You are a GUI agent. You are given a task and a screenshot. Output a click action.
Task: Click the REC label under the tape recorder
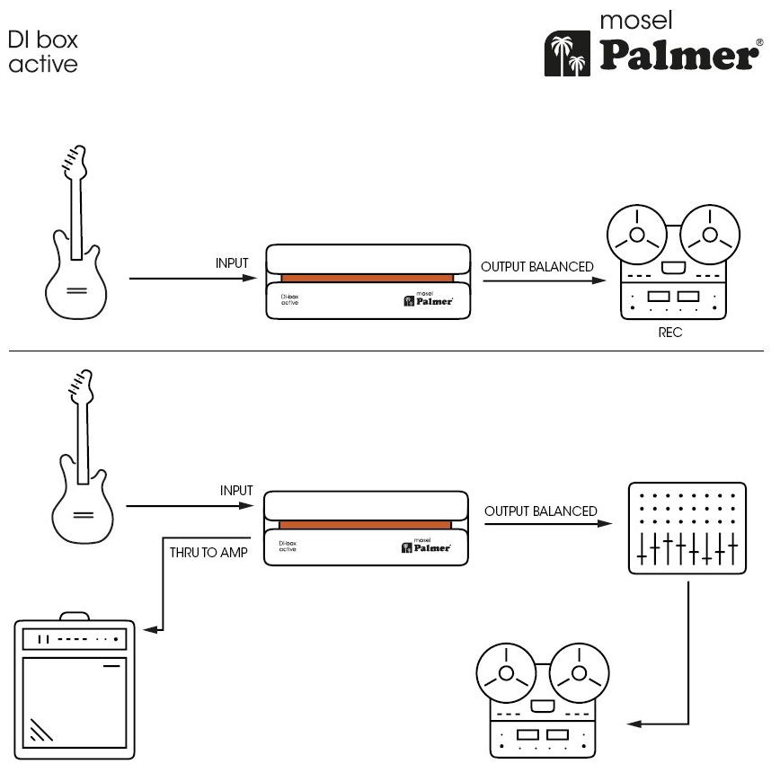(x=670, y=333)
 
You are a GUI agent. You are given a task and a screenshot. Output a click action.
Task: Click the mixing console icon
(x=687, y=529)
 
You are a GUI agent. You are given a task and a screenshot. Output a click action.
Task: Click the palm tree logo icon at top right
(x=566, y=55)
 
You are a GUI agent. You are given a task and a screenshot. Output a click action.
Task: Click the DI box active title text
(x=42, y=52)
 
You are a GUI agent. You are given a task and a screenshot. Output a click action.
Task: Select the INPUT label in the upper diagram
(x=232, y=263)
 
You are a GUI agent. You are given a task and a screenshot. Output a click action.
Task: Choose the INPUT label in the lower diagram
(x=236, y=492)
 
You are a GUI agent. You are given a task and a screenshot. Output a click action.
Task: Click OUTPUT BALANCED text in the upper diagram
(x=537, y=267)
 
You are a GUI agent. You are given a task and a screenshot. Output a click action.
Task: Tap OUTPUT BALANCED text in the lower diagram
(x=541, y=511)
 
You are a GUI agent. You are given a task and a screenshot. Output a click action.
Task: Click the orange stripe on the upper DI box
(x=368, y=278)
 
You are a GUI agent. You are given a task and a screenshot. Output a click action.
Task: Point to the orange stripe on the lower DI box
(x=367, y=524)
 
